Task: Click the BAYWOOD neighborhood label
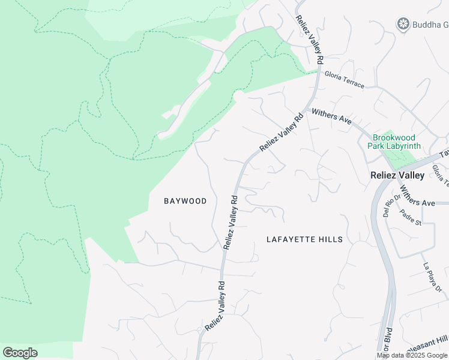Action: [185, 201]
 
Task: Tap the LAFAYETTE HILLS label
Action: [304, 239]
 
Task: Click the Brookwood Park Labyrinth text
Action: [396, 142]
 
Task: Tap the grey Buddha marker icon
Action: [403, 24]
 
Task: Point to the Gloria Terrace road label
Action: [344, 80]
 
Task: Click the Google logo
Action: [20, 353]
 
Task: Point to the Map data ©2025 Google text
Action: [412, 355]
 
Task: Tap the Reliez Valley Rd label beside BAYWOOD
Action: [231, 221]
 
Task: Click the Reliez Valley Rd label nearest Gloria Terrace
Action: [309, 37]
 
